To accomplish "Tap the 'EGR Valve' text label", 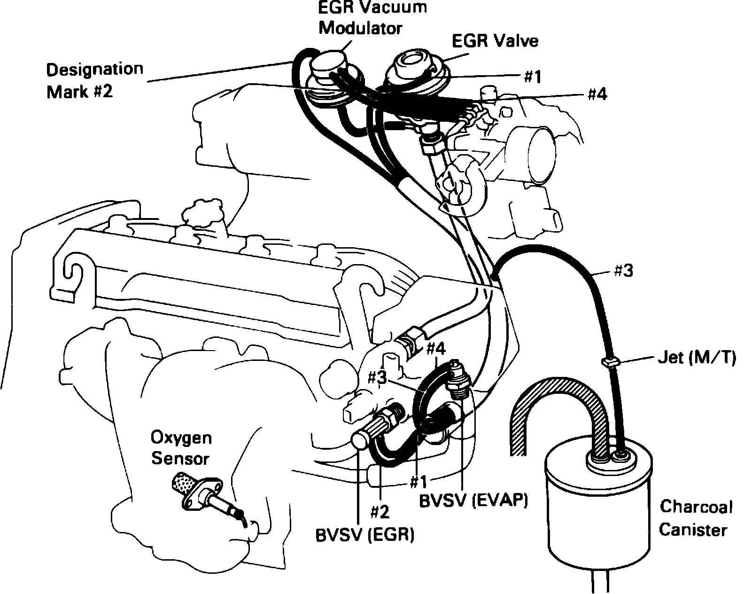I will (495, 41).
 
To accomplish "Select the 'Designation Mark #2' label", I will (94, 80).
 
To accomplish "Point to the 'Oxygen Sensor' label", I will (181, 448).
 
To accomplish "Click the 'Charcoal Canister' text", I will (696, 518).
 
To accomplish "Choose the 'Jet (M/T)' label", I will (695, 359).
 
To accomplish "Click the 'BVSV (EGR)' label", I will (364, 534).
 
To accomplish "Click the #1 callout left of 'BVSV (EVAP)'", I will (418, 482).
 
